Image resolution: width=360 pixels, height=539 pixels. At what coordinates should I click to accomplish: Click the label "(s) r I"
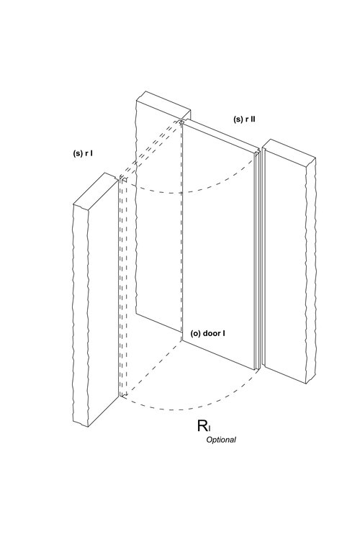83,153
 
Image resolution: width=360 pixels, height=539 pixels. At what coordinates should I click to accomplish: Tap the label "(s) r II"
244,119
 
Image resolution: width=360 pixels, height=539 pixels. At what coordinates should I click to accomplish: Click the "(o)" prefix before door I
196,333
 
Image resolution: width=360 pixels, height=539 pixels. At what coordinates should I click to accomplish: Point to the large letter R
202,425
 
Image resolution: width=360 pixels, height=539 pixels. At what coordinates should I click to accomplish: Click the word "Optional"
221,440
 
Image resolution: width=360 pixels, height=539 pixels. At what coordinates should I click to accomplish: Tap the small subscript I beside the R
210,428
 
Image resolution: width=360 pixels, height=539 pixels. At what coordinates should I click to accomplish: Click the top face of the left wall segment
96,190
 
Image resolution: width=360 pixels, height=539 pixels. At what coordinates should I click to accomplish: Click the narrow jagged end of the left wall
81,314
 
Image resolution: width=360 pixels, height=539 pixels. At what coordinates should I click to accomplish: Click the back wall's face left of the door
159,220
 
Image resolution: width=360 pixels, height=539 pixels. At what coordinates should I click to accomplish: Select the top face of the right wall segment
289,149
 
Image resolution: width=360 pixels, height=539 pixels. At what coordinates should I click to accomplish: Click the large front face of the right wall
284,265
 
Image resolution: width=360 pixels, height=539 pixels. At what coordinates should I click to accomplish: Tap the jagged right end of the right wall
311,270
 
